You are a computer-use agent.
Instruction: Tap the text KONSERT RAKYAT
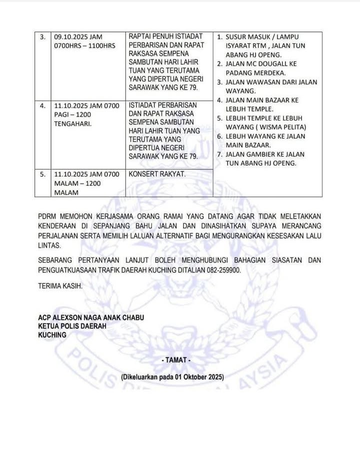point(157,175)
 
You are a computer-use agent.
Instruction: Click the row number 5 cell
point(43,175)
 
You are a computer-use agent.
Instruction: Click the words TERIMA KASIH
point(60,286)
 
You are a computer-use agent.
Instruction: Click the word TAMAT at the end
point(176,360)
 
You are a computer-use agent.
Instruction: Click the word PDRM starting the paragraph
point(48,216)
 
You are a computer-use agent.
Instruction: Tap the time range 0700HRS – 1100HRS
point(84,46)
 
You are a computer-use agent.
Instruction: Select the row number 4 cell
point(43,106)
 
